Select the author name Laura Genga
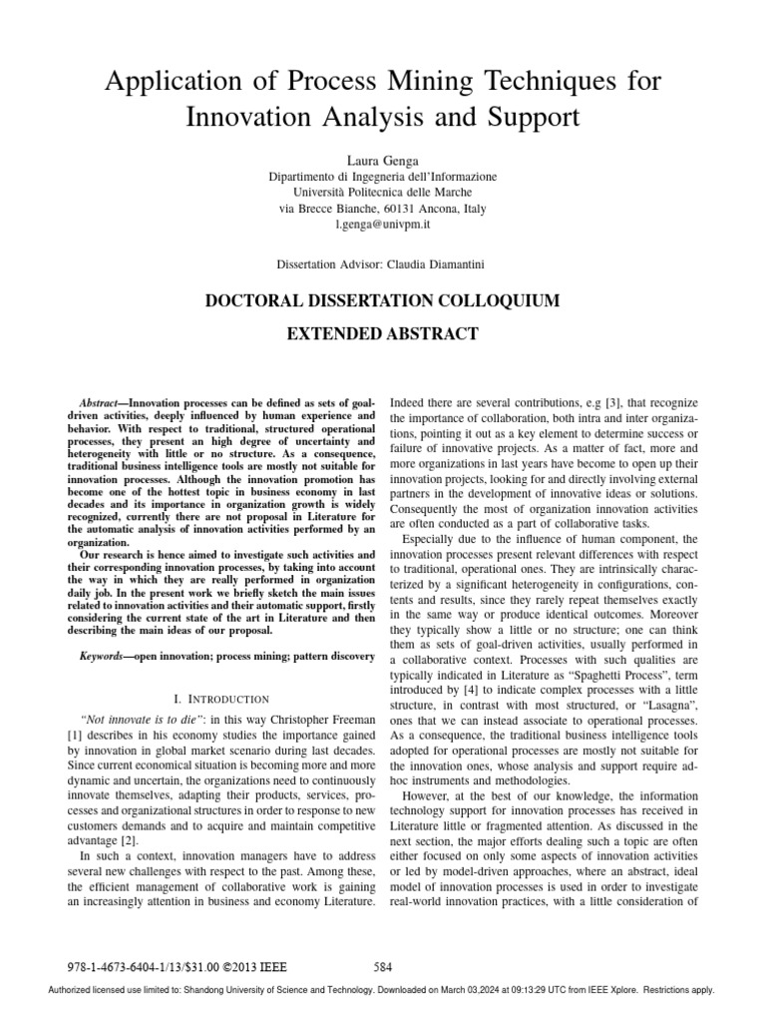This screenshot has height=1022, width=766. [x=382, y=159]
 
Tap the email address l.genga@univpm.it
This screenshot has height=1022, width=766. [x=382, y=226]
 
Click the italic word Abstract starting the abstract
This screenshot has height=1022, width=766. [x=99, y=398]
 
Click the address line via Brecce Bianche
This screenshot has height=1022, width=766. [x=382, y=209]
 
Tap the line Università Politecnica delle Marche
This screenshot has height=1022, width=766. [x=382, y=192]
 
